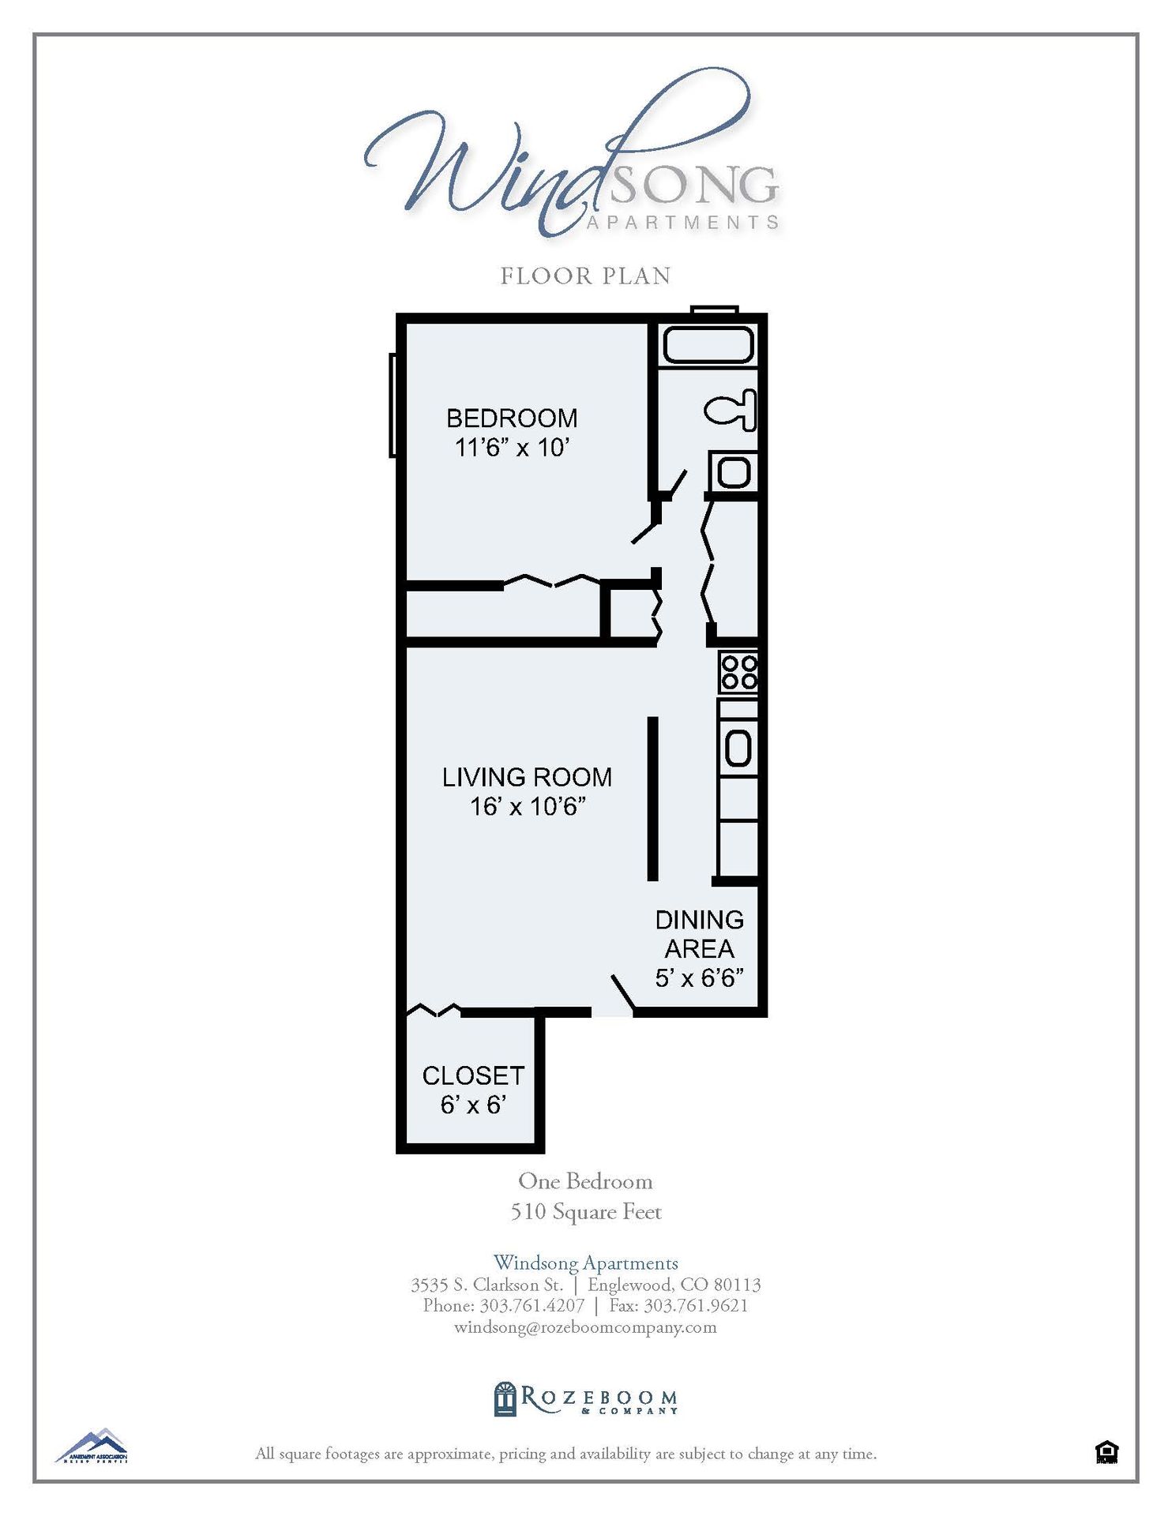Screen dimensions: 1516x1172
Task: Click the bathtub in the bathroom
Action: click(x=708, y=345)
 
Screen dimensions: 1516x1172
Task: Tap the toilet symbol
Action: click(x=731, y=411)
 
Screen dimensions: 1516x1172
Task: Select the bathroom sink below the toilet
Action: click(x=734, y=473)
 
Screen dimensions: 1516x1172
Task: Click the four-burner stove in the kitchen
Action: click(x=738, y=672)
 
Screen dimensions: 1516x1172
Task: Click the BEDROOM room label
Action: click(x=512, y=418)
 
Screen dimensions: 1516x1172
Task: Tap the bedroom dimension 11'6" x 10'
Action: click(x=512, y=448)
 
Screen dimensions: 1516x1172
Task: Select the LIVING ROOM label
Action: click(x=527, y=777)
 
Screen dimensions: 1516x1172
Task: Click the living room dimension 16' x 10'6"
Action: click(x=527, y=806)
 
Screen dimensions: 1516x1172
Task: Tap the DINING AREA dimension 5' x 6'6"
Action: click(x=699, y=978)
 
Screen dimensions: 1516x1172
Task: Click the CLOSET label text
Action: click(x=473, y=1075)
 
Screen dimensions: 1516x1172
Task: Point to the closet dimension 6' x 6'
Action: click(x=473, y=1105)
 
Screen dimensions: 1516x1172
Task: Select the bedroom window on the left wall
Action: click(x=393, y=405)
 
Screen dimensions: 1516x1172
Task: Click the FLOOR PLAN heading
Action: click(x=585, y=276)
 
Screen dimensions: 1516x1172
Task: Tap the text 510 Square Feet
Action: click(x=585, y=1212)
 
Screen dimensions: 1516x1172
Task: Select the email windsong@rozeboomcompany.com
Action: click(x=585, y=1327)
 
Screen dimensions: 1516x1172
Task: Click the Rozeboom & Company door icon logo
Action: click(x=505, y=1399)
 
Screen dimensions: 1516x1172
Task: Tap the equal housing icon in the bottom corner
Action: click(x=1106, y=1451)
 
